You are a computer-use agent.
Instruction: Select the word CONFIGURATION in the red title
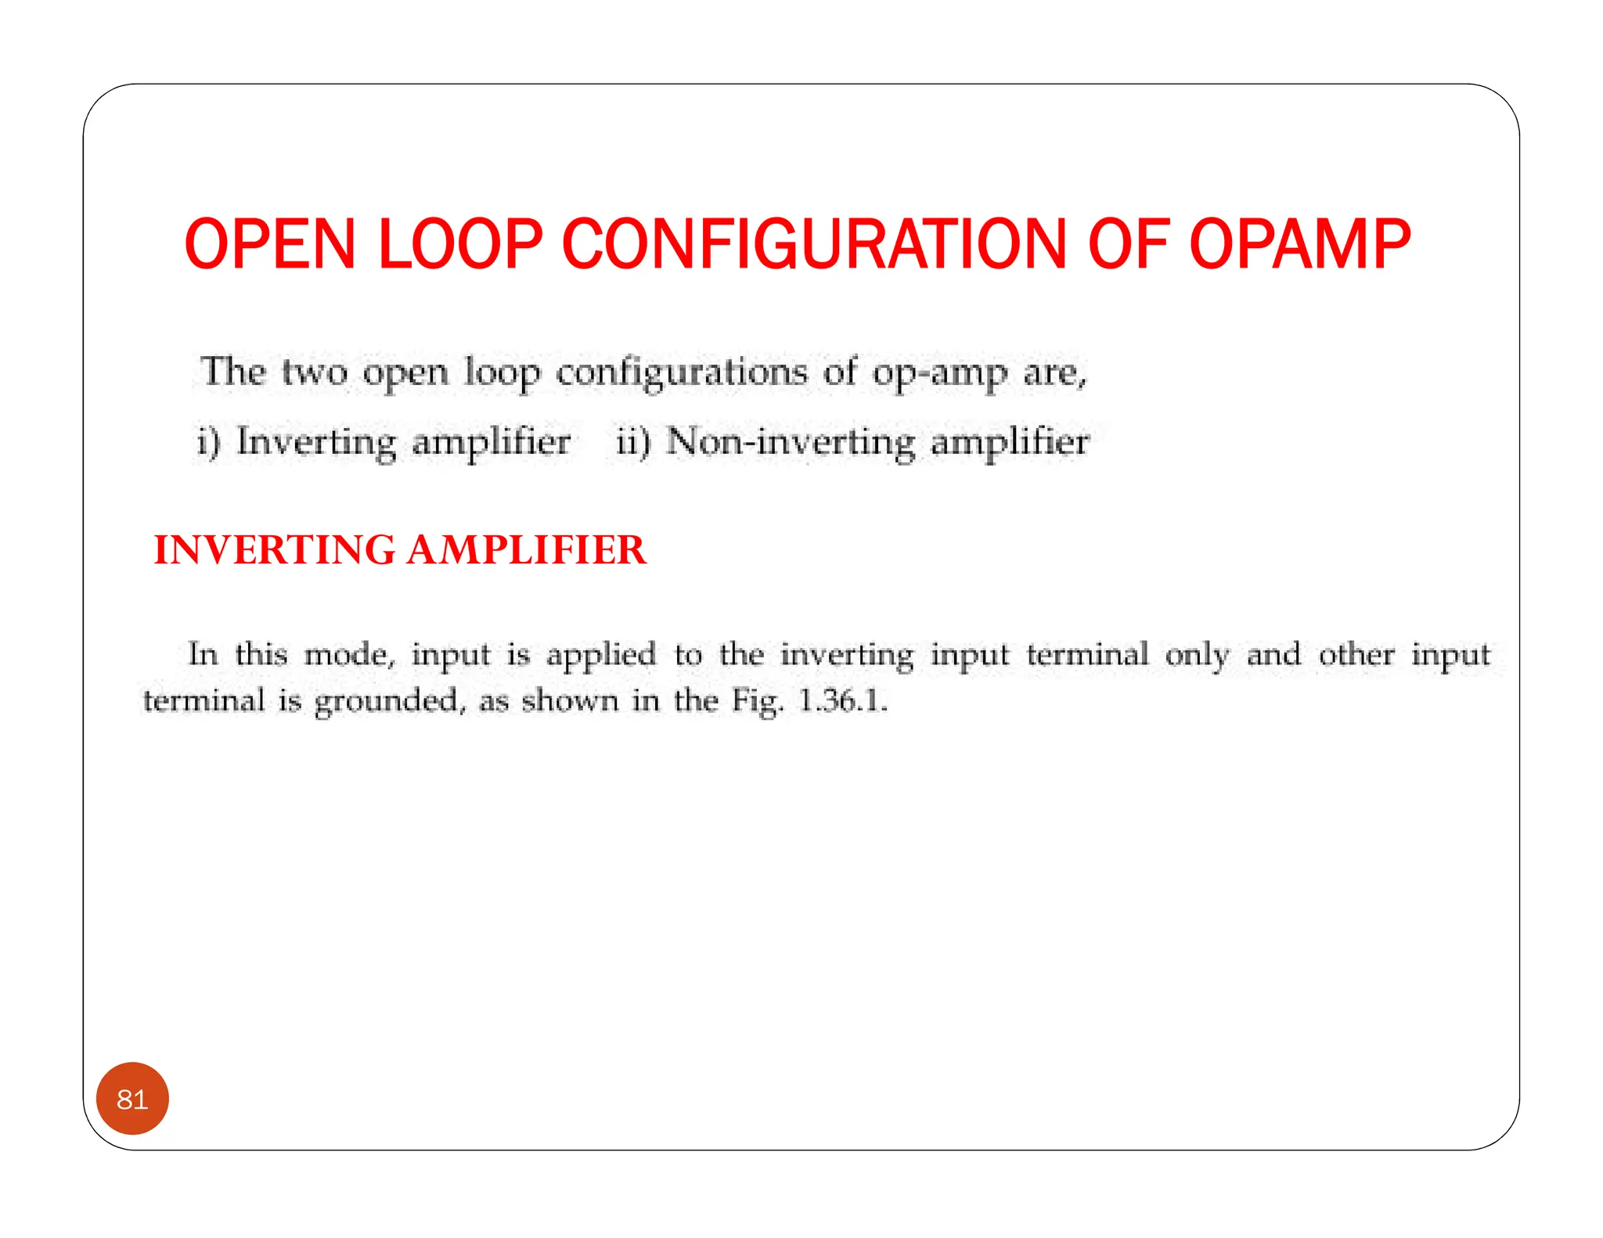814,244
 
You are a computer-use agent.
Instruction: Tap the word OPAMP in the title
1300,244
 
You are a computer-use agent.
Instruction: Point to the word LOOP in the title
460,244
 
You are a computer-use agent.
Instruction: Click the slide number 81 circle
132,1099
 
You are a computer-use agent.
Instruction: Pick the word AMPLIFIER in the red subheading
527,549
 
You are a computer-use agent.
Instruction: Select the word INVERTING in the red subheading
275,549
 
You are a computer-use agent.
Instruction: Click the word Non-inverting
791,441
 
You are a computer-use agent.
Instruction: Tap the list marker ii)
633,441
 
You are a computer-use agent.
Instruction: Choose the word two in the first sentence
315,372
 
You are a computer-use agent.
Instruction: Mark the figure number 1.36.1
842,700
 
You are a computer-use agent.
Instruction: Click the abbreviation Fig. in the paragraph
757,700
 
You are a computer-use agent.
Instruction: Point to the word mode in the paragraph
348,655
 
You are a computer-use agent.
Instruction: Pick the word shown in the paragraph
569,700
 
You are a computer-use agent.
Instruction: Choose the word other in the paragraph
1356,654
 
